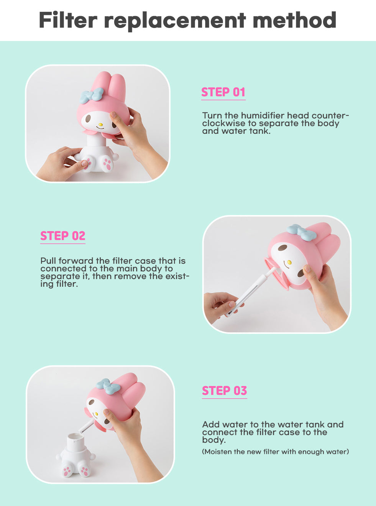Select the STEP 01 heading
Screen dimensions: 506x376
click(223, 92)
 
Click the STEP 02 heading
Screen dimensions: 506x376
click(62, 236)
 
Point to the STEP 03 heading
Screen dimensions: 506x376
click(224, 391)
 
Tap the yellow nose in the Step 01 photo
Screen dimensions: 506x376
click(100, 125)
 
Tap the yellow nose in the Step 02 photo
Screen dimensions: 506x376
click(289, 263)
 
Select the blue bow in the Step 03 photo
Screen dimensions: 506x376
click(108, 386)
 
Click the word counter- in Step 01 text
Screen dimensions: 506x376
click(330, 115)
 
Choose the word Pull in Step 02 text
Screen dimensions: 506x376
click(48, 261)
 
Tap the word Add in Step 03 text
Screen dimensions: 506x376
click(211, 425)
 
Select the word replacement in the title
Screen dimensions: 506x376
click(175, 21)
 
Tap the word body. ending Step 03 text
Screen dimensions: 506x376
click(213, 440)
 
